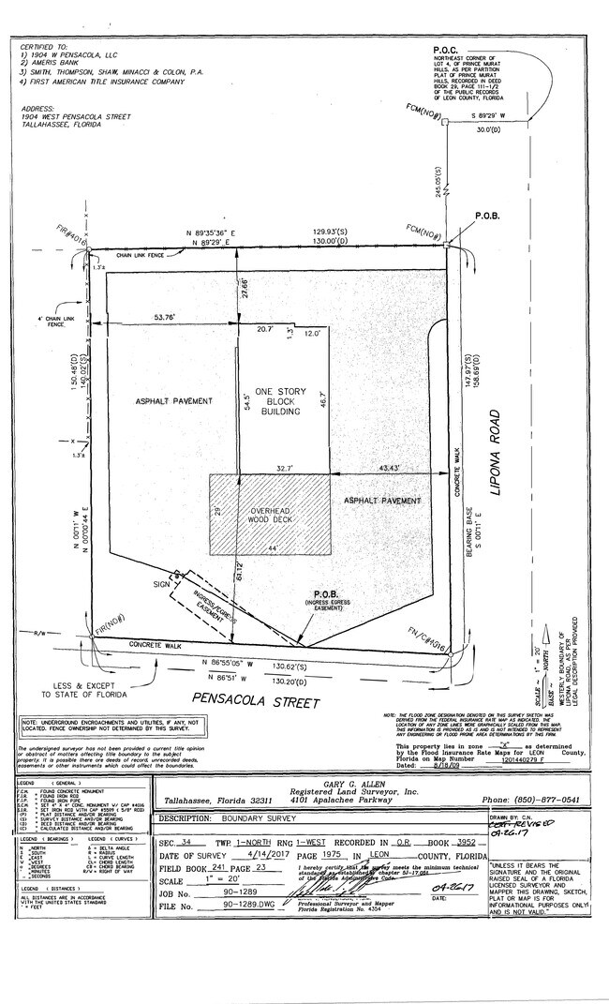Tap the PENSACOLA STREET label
256,701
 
